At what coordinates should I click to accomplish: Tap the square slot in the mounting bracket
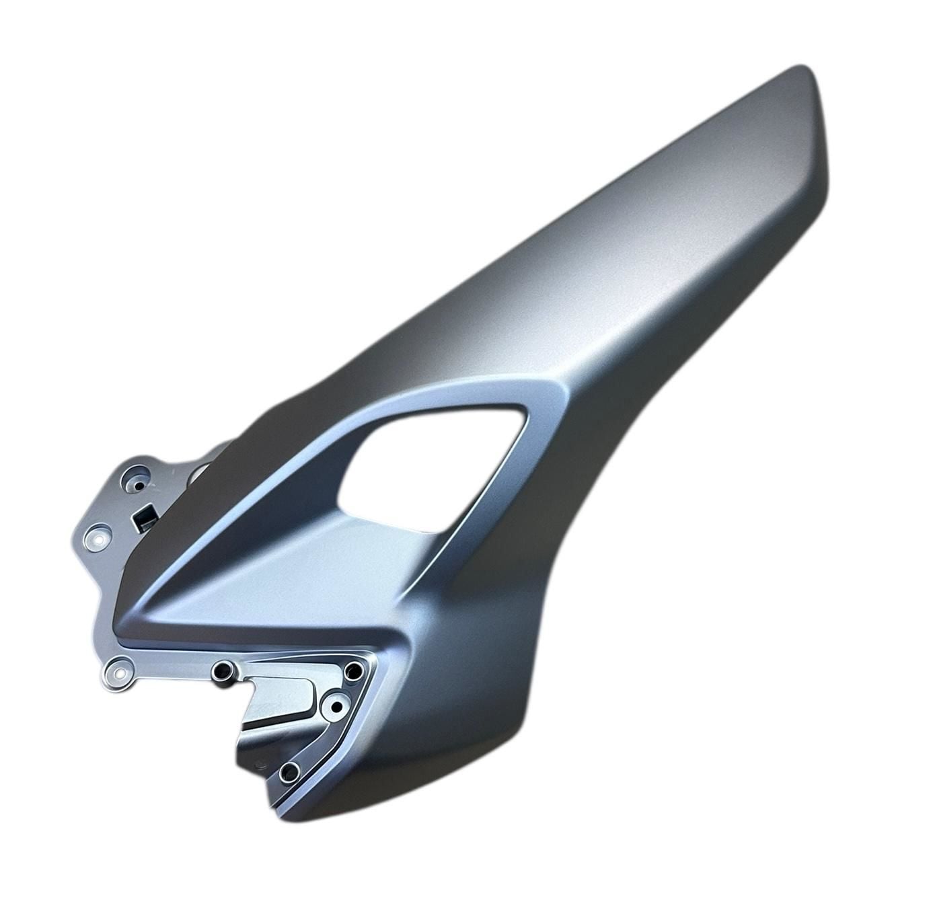[x=145, y=518]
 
